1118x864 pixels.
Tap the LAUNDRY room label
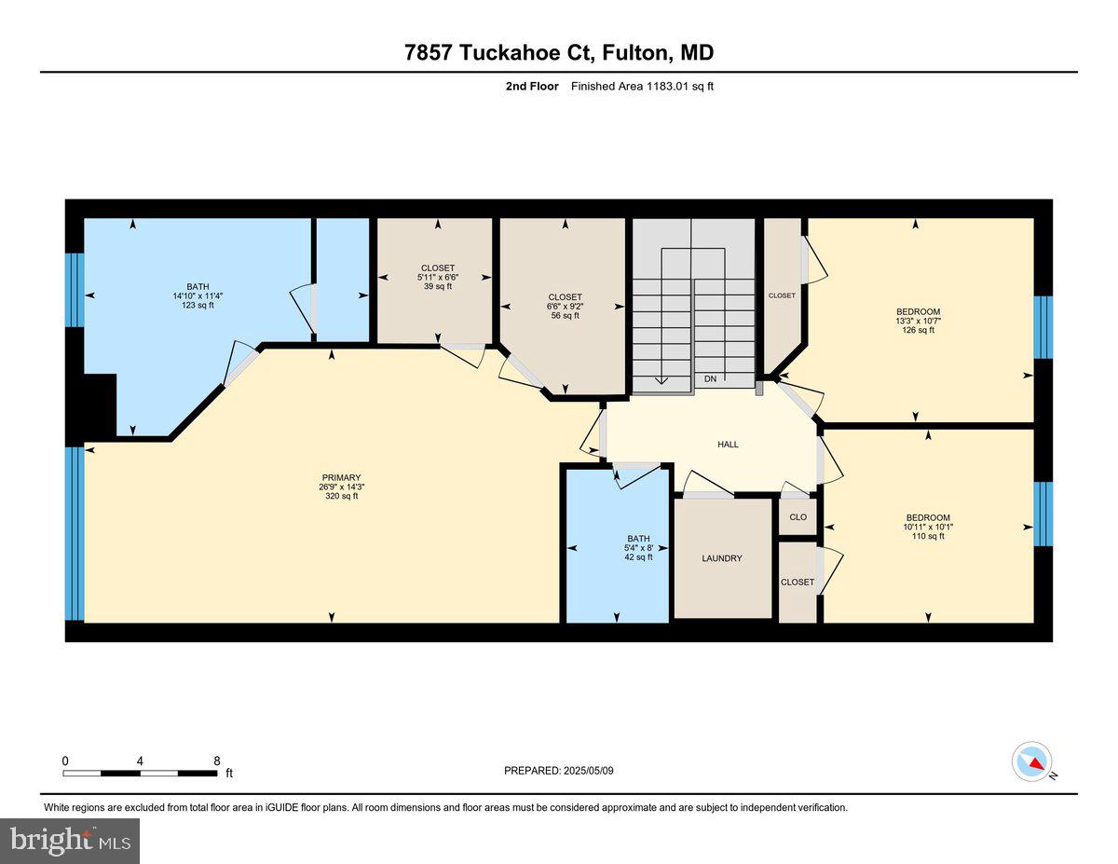click(722, 558)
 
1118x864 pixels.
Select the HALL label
click(728, 445)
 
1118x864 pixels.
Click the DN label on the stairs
click(710, 378)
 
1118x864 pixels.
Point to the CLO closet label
click(798, 516)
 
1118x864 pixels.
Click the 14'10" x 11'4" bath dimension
click(198, 295)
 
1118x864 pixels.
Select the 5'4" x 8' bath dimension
click(638, 547)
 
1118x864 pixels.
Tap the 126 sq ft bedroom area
click(918, 330)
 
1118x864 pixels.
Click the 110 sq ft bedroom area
click(928, 536)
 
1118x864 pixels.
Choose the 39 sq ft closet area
click(437, 286)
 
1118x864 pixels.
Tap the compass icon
click(1031, 761)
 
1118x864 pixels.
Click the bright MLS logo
click(71, 840)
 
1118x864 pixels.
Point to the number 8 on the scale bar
click(216, 761)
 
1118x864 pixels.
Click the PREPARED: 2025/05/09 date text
click(560, 771)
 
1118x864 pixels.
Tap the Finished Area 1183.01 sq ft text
click(642, 87)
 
